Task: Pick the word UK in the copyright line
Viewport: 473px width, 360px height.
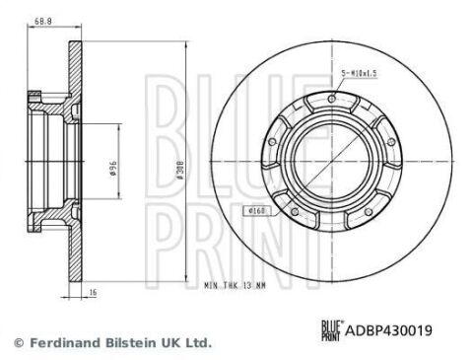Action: pos(171,342)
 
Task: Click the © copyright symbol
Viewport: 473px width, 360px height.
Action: pos(15,342)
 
